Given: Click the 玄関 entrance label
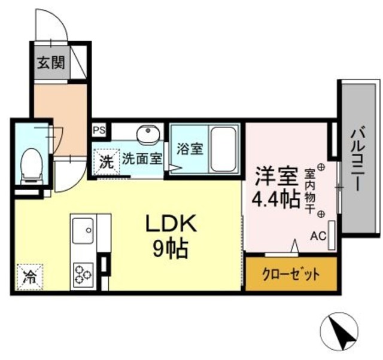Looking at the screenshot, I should tap(51, 62).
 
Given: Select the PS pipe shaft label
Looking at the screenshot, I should tap(98, 128).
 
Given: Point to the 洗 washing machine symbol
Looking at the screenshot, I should tap(105, 160).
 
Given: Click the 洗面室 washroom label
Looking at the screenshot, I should tap(142, 159).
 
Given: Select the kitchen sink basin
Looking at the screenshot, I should tap(83, 230).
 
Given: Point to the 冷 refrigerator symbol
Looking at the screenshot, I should tap(29, 276).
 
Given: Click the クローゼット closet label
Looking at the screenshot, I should tap(291, 274).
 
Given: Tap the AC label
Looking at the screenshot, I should tap(317, 236).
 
